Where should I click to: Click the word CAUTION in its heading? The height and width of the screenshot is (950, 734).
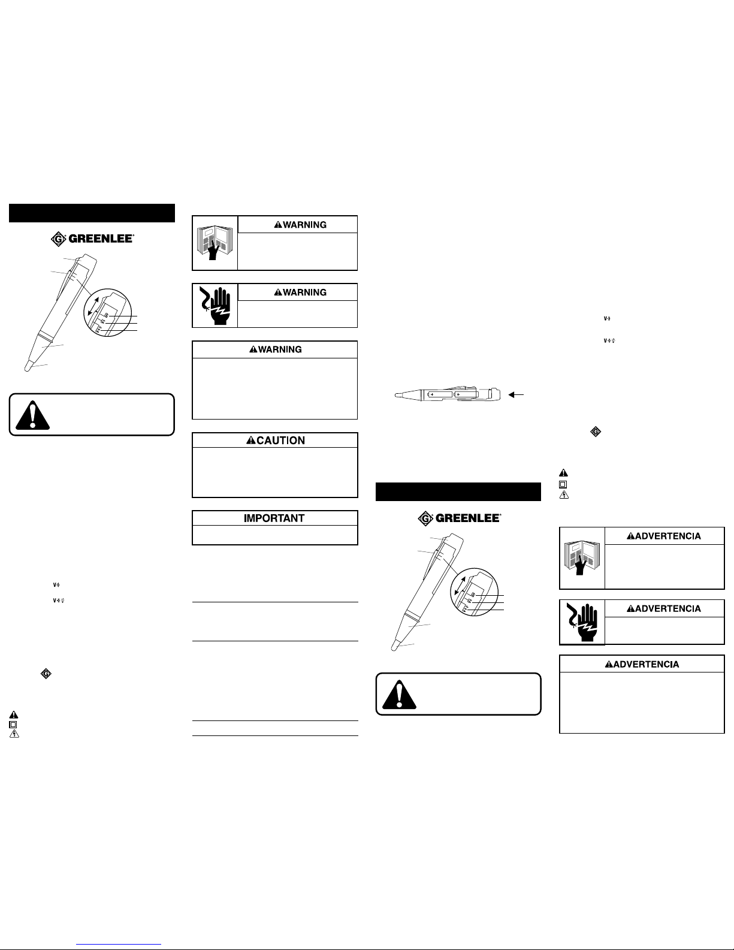pyautogui.click(x=281, y=441)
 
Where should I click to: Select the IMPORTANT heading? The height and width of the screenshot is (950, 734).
pyautogui.click(x=274, y=518)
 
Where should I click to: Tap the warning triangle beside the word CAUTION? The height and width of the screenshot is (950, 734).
pyautogui.click(x=251, y=441)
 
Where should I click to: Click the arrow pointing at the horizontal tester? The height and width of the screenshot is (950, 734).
pyautogui.click(x=515, y=394)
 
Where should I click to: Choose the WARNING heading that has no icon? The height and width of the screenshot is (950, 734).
pyautogui.click(x=276, y=349)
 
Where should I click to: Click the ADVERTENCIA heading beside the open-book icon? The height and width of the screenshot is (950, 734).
pyautogui.click(x=664, y=536)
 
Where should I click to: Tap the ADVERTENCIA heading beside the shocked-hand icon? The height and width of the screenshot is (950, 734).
pyautogui.click(x=664, y=608)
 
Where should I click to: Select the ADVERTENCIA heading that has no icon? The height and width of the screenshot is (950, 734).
pyautogui.click(x=642, y=664)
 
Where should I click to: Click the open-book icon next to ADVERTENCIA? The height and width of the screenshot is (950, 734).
pyautogui.click(x=582, y=557)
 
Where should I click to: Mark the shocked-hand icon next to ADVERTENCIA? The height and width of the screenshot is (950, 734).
pyautogui.click(x=582, y=622)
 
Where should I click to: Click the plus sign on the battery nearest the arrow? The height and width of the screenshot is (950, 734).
pyautogui.click(x=459, y=395)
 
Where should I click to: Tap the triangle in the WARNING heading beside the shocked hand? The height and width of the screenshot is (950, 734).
pyautogui.click(x=278, y=292)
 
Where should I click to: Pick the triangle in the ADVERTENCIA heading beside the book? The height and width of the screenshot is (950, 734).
pyautogui.click(x=630, y=536)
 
